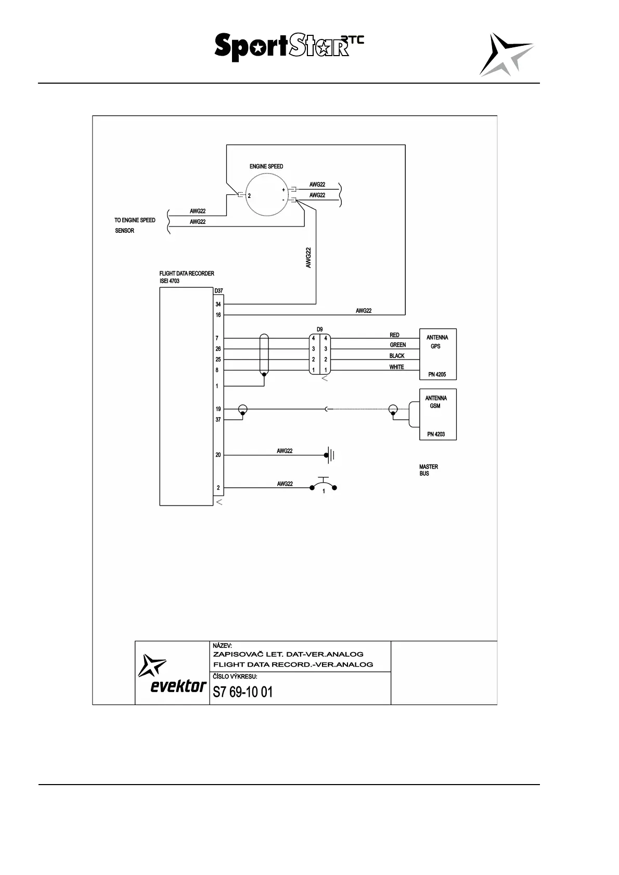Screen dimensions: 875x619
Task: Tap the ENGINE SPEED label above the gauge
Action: [x=266, y=167]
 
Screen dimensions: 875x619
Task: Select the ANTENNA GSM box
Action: [x=437, y=415]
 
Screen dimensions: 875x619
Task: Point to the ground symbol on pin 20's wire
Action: [x=329, y=456]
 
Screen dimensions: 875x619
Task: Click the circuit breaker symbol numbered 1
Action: [x=324, y=487]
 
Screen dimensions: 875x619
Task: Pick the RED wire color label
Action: [x=394, y=335]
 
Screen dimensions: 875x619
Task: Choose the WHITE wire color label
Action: [x=396, y=367]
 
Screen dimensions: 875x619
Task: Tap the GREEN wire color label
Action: [x=397, y=345]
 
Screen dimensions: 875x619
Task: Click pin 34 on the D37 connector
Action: [x=218, y=304]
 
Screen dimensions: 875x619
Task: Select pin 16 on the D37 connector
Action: [x=218, y=315]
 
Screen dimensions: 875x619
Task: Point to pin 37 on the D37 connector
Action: [x=218, y=420]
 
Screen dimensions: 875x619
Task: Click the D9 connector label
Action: [x=319, y=329]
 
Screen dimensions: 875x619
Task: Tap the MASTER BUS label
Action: [x=429, y=470]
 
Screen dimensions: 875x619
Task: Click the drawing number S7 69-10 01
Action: [x=242, y=692]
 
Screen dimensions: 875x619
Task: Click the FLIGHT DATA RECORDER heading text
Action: [x=187, y=274]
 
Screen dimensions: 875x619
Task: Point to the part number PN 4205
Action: [x=437, y=375]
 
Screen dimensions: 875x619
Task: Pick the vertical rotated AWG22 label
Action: [x=308, y=257]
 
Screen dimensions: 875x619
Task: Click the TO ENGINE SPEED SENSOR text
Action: [x=135, y=226]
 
